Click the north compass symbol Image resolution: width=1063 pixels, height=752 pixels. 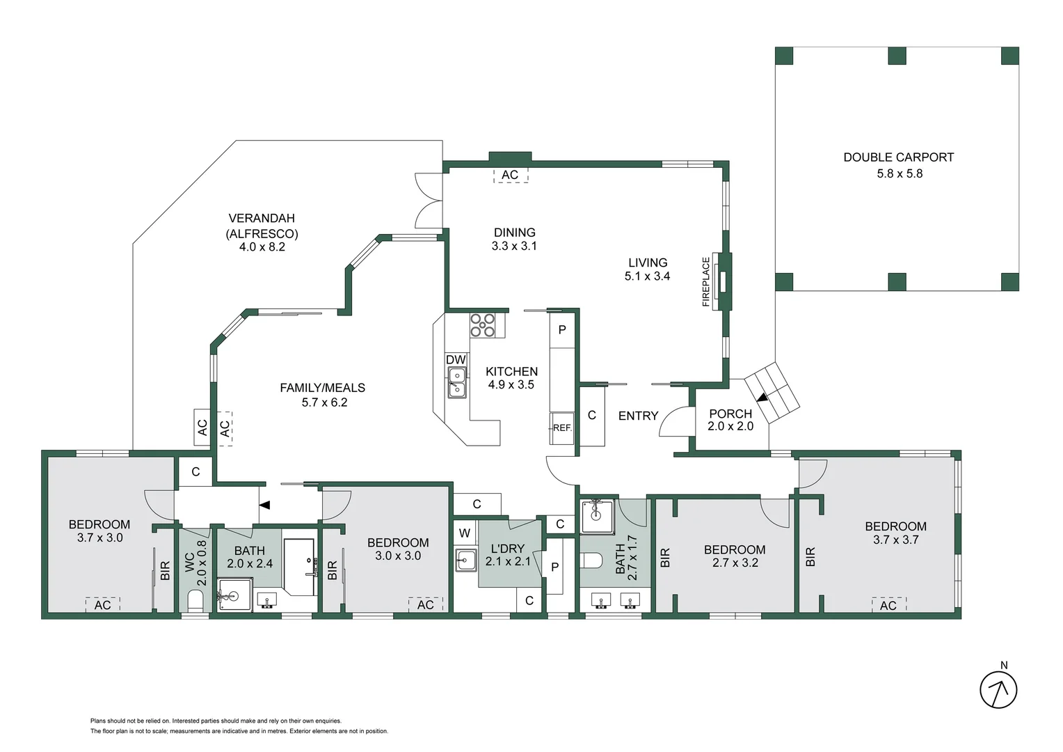998,689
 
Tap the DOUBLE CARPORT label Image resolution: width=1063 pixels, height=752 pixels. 898,157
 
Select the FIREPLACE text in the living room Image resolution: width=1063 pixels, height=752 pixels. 706,282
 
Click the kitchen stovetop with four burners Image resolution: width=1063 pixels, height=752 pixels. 482,325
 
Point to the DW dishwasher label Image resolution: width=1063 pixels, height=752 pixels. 456,360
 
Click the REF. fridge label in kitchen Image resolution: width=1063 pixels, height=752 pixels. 562,428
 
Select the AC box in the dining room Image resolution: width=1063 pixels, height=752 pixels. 510,175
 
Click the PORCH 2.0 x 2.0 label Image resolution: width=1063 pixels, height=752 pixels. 730,420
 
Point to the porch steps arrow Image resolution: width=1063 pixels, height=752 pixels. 763,398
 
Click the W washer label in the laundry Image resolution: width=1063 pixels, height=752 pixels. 465,533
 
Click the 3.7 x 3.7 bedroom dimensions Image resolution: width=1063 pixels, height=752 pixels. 895,540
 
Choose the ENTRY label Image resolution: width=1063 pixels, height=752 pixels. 638,416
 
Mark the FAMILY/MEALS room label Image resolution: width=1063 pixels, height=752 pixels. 322,388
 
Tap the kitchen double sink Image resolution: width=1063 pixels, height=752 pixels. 456,383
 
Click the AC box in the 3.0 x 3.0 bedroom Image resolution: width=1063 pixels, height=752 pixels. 425,604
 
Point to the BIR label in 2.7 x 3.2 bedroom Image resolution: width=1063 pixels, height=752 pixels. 665,557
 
